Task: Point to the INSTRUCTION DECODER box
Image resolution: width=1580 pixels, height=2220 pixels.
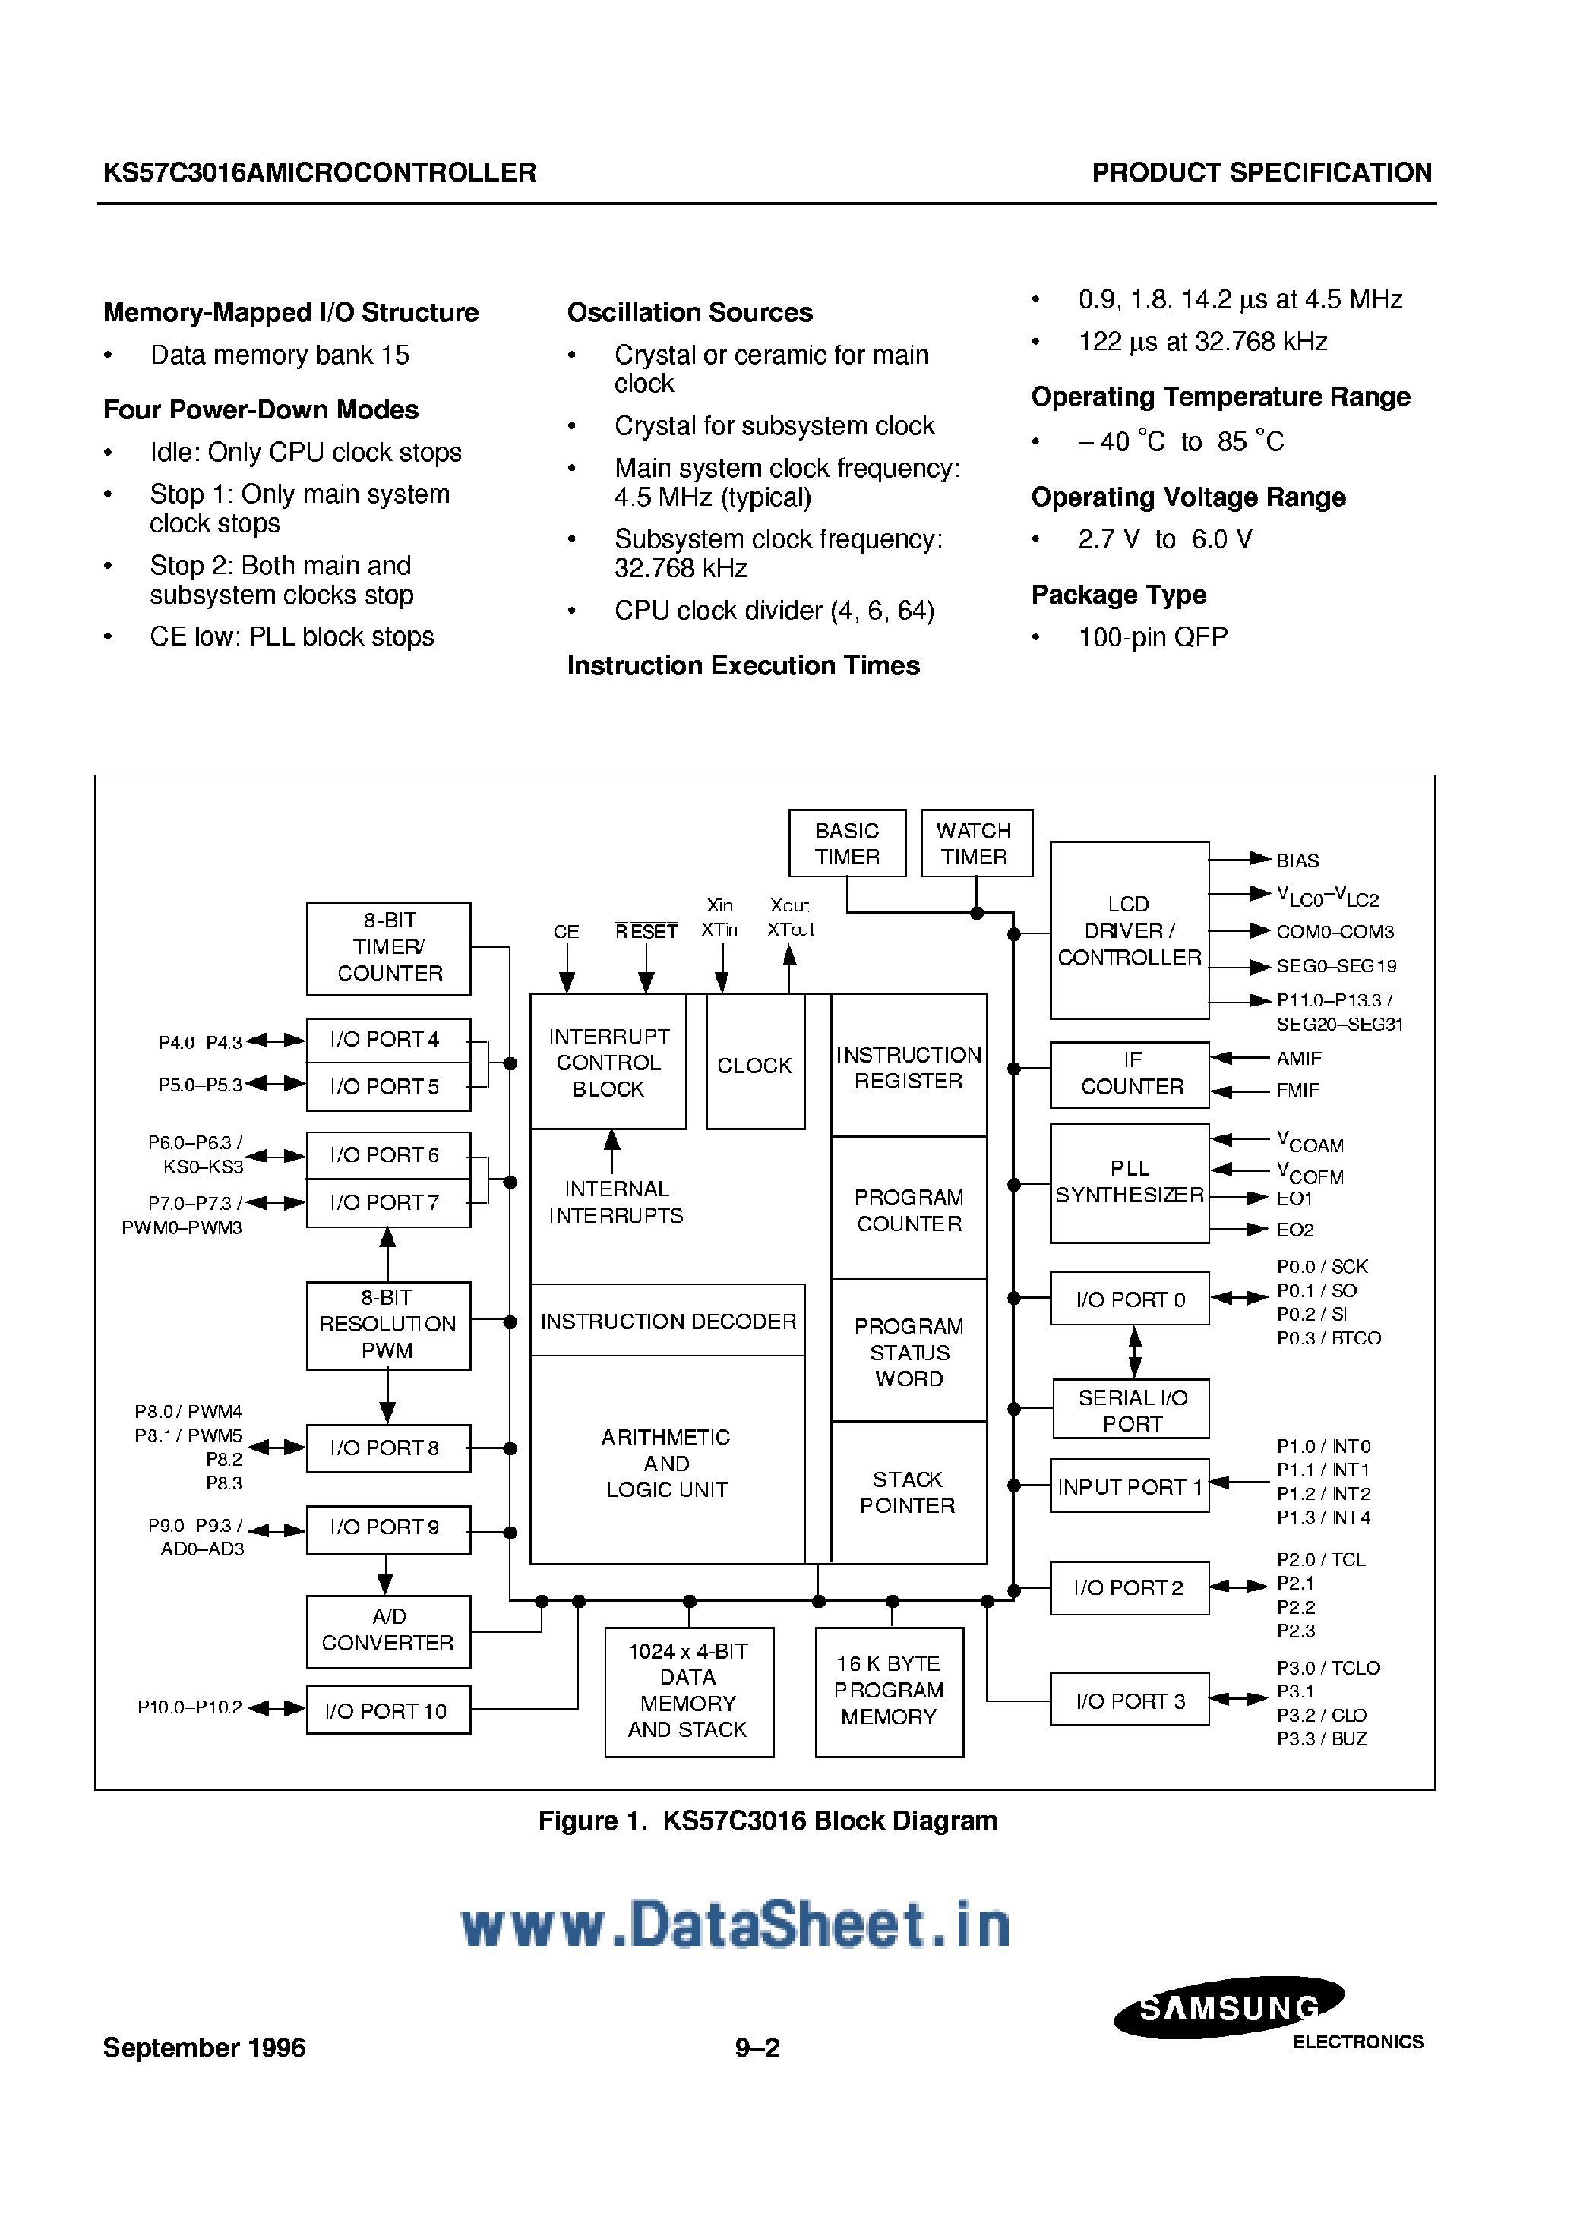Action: click(x=668, y=1321)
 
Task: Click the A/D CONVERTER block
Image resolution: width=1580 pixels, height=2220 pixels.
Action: click(x=388, y=1631)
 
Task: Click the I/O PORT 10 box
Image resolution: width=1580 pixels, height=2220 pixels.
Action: click(x=388, y=1710)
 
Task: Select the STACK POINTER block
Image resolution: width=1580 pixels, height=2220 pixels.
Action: click(x=908, y=1492)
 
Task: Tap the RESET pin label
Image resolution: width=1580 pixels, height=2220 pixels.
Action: click(x=646, y=932)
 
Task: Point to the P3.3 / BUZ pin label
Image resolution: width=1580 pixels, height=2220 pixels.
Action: click(x=1321, y=1739)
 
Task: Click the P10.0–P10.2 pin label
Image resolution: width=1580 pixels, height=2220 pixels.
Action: click(x=190, y=1707)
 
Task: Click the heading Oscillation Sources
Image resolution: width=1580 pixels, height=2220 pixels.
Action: click(x=690, y=312)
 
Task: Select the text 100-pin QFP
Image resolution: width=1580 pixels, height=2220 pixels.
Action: click(x=1153, y=637)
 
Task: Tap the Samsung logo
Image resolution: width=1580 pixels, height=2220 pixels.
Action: click(x=1229, y=2007)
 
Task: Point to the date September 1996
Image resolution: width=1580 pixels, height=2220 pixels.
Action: click(x=204, y=2048)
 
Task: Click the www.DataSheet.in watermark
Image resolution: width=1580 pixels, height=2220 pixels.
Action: click(x=735, y=1925)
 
